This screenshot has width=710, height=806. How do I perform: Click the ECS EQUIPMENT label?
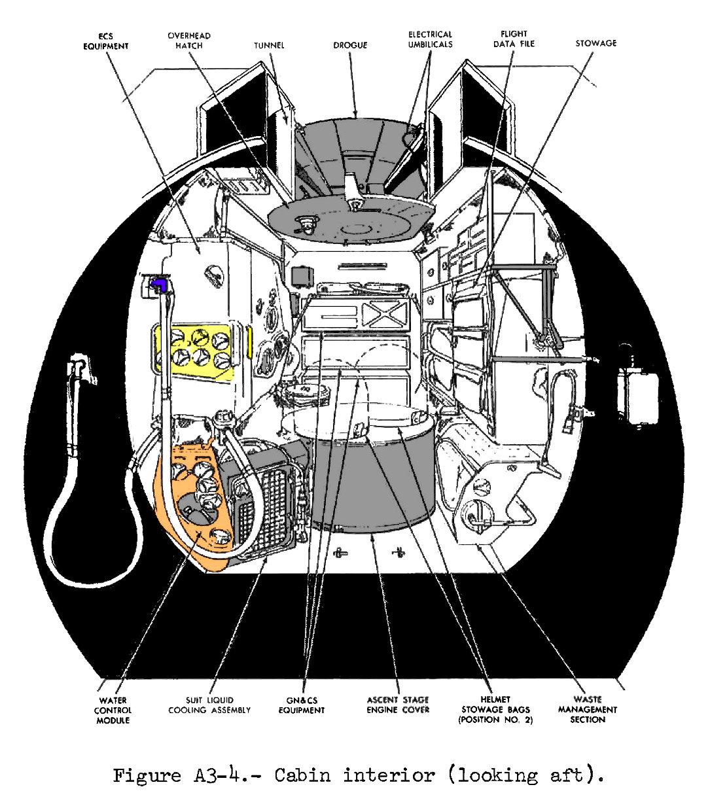pyautogui.click(x=105, y=41)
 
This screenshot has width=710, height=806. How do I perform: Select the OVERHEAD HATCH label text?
pyautogui.click(x=188, y=41)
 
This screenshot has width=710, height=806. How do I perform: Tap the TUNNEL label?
pyautogui.click(x=269, y=45)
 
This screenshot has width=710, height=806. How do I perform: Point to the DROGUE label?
pyautogui.click(x=350, y=45)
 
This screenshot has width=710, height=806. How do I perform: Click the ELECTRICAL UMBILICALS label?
pyautogui.click(x=430, y=39)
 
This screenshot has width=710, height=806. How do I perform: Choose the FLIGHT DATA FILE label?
pyautogui.click(x=514, y=39)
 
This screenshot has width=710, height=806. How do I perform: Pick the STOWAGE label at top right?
pyautogui.click(x=595, y=43)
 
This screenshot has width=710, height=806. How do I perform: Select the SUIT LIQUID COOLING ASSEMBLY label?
pyautogui.click(x=209, y=705)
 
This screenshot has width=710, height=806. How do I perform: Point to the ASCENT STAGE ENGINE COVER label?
pyautogui.click(x=398, y=705)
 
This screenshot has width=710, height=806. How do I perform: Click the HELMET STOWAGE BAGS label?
pyautogui.click(x=495, y=709)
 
